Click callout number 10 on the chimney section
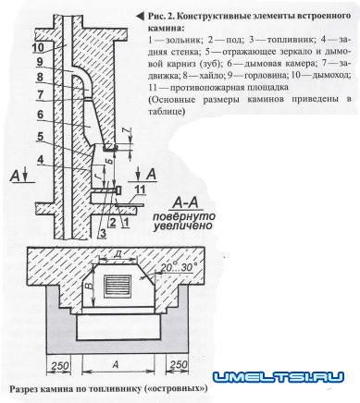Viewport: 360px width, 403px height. click(36, 48)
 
